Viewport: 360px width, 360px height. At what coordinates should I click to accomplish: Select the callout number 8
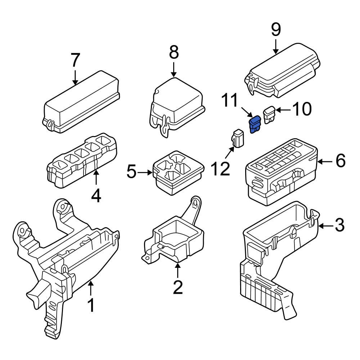[x=174, y=53]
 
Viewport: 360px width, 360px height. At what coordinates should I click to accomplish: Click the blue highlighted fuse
[x=255, y=124]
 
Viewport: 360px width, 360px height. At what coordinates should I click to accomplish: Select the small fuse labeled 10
[x=270, y=114]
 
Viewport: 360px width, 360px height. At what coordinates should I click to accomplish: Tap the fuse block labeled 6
[x=281, y=173]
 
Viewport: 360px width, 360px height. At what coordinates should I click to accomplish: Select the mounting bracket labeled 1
[x=65, y=259]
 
